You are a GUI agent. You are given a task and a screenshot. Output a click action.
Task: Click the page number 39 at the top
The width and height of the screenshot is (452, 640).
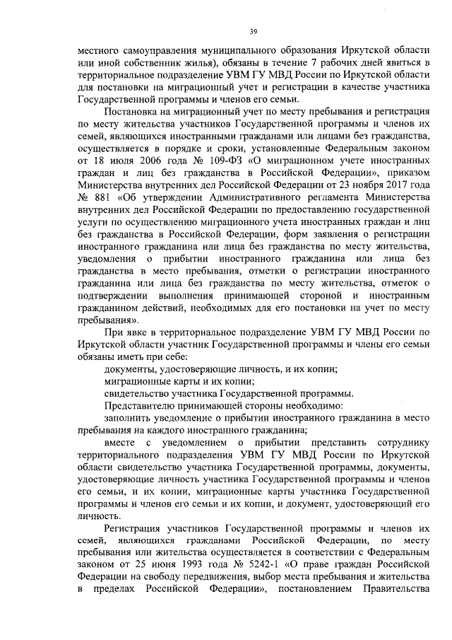252,31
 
